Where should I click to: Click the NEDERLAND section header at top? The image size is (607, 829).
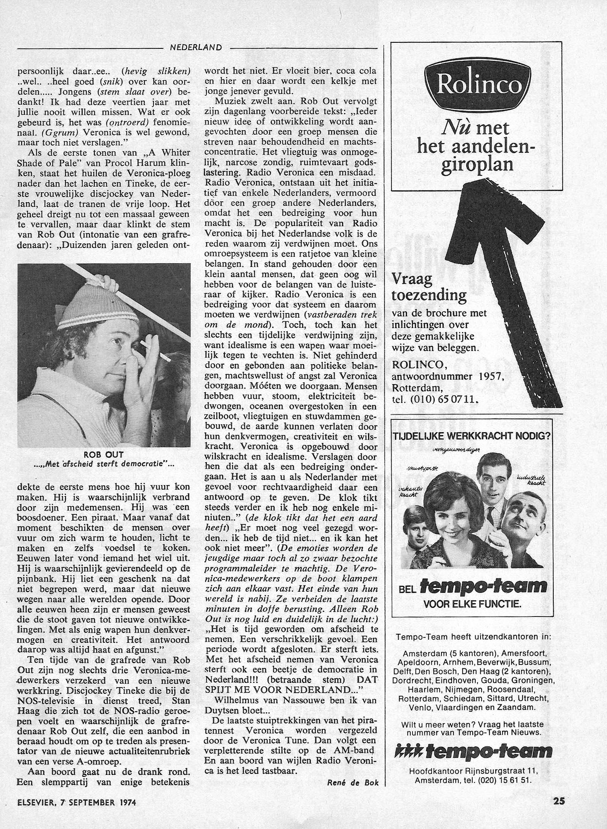coord(196,48)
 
